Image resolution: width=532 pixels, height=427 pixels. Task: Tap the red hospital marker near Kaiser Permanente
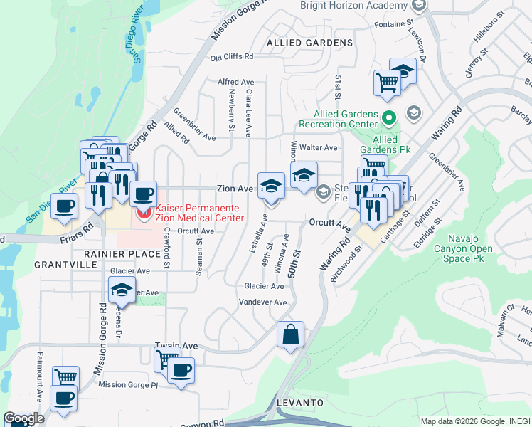[144, 211]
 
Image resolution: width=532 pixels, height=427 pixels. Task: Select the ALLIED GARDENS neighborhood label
[309, 43]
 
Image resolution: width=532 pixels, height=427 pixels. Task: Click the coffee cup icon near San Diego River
[63, 206]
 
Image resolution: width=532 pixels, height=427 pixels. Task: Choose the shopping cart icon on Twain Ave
[166, 358]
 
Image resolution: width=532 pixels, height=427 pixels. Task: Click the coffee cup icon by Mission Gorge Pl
[181, 371]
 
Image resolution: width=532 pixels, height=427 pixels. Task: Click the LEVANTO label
[302, 403]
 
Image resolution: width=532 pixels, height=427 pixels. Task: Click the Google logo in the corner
[23, 418]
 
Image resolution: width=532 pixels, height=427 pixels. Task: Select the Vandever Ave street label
[262, 302]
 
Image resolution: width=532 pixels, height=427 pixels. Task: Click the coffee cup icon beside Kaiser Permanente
[143, 193]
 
